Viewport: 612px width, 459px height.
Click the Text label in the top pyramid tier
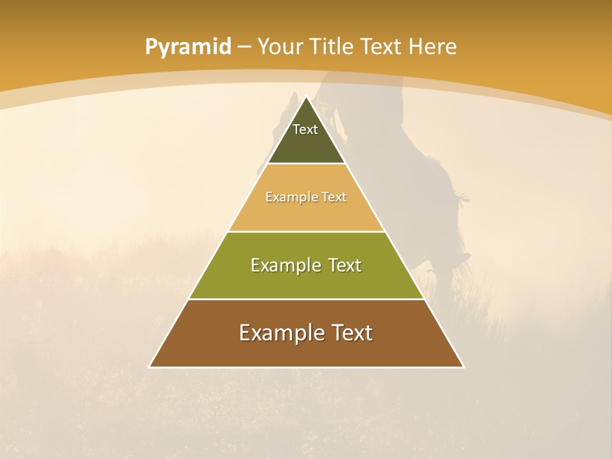tap(305, 129)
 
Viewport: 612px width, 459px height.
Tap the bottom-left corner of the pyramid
tap(150, 367)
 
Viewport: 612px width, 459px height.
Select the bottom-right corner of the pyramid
tap(463, 367)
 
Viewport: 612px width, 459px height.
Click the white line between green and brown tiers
tap(307, 299)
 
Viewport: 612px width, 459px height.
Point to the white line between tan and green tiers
tap(307, 231)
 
